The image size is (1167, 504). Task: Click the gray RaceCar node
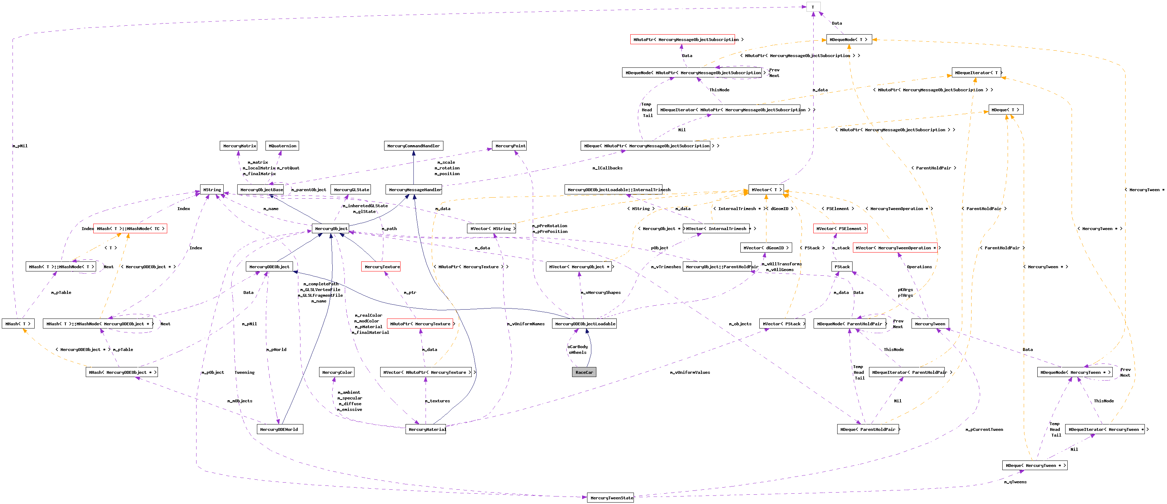[584, 372]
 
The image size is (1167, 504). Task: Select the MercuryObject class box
[331, 229]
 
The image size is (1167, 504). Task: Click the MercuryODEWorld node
[279, 429]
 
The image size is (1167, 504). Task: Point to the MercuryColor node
[337, 372]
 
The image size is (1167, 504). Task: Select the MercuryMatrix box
[239, 146]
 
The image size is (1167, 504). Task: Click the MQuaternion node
[282, 146]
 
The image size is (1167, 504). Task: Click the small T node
[813, 7]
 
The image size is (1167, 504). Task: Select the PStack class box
[842, 267]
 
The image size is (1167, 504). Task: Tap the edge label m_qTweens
[1015, 482]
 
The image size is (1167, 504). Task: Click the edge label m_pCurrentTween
[984, 429]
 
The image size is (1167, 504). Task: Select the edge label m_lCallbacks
[607, 168]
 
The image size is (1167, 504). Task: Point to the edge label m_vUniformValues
[690, 372]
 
